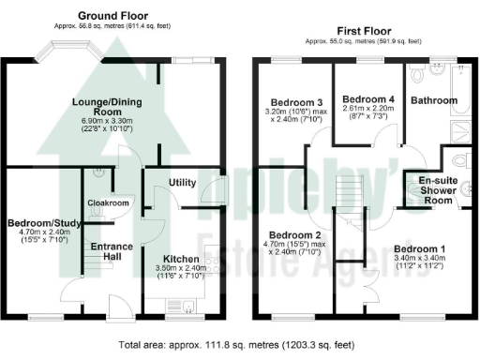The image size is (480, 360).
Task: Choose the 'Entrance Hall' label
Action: (x=110, y=251)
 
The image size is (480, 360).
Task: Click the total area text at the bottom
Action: (x=240, y=345)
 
